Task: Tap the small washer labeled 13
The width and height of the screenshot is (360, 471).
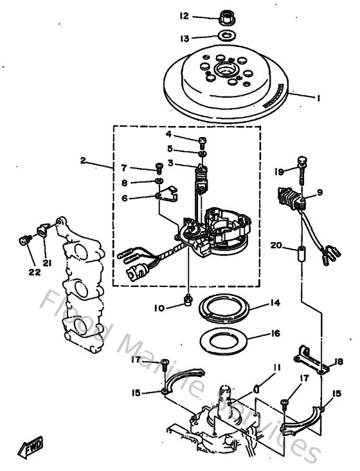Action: (x=226, y=37)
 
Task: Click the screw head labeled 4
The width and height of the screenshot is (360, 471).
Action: (x=203, y=140)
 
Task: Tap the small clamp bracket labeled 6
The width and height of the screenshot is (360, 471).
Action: (x=168, y=194)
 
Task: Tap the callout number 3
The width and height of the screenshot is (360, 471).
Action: (x=170, y=163)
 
